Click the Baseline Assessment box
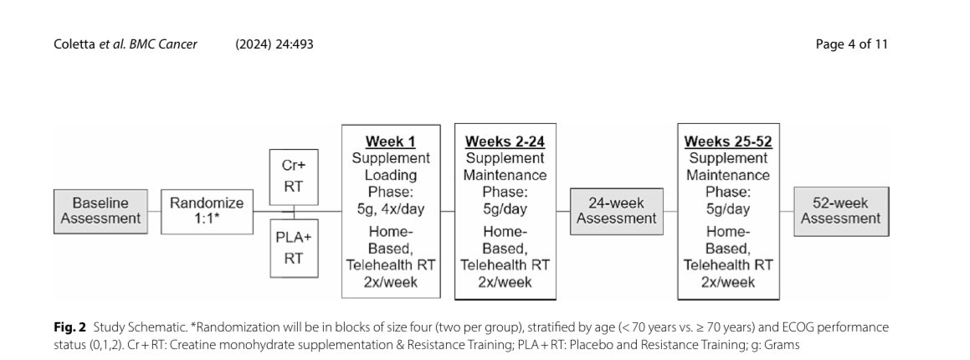100,211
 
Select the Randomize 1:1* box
208,212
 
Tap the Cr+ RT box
294,177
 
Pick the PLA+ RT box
294,248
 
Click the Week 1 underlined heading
390,141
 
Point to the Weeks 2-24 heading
505,141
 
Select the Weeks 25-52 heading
728,141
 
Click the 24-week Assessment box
616,211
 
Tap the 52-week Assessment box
841,211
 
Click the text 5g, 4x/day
391,209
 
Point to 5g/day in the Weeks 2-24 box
505,209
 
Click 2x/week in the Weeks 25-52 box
728,282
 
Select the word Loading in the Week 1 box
391,175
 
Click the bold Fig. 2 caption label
70,327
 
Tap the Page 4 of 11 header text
852,44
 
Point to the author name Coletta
74,44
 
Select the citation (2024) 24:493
274,44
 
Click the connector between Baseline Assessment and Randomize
155,212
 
